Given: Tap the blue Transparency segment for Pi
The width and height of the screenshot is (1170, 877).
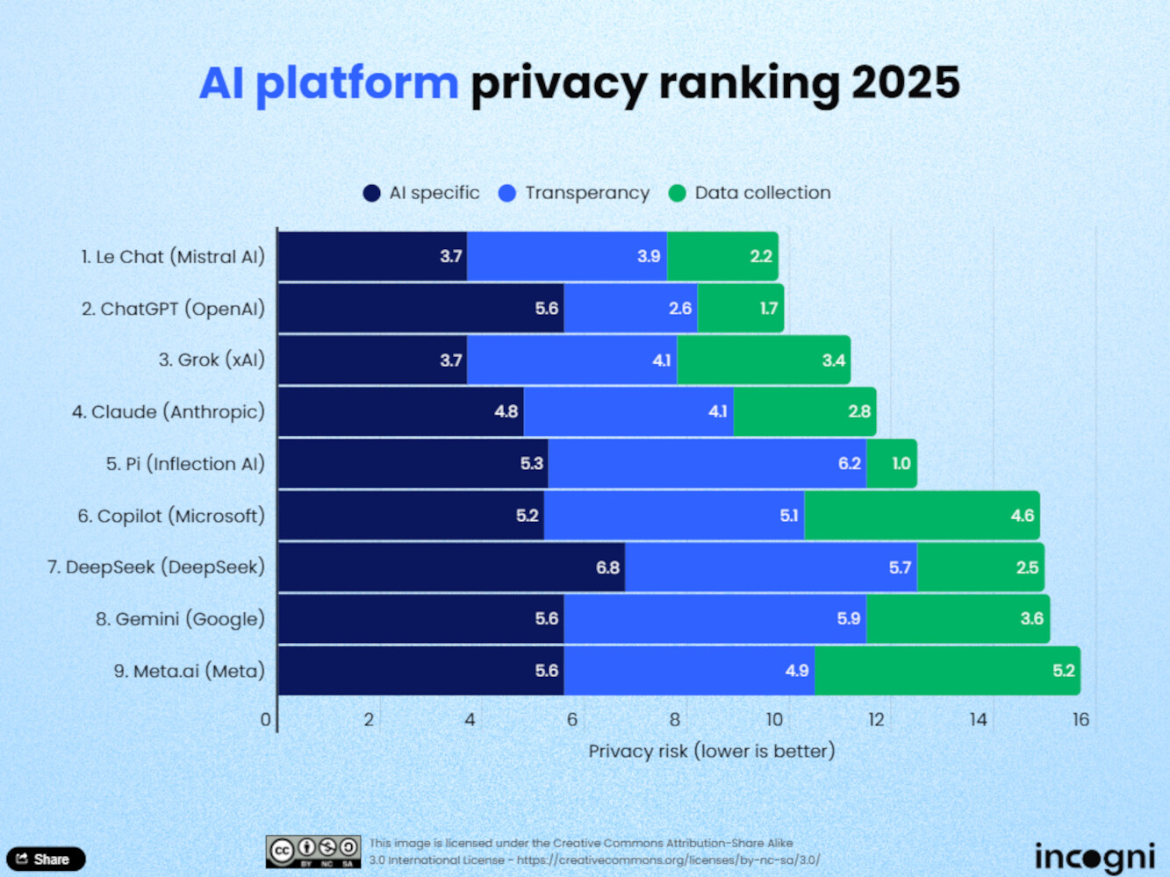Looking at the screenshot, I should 707,464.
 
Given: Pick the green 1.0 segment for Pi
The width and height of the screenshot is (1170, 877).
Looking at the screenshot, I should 892,464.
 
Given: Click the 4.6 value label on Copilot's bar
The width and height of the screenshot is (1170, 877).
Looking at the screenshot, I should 1022,516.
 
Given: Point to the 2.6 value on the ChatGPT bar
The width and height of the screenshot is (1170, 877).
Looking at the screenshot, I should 679,309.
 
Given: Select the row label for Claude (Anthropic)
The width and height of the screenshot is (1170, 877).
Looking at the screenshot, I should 169,412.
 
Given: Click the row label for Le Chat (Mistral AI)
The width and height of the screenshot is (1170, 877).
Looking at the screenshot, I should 173,257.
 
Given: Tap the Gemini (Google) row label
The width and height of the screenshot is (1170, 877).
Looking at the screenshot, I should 180,619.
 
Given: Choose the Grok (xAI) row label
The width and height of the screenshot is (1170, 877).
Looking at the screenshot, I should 212,360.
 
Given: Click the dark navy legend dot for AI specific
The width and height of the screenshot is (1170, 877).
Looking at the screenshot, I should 371,194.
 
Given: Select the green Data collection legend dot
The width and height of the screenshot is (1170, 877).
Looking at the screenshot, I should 677,194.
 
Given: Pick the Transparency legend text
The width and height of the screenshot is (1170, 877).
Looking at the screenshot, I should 587,193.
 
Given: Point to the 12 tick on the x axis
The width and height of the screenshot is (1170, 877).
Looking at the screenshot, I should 876,720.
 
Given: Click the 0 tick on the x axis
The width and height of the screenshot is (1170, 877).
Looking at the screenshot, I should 266,720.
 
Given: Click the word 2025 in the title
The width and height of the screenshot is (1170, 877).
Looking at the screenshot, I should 905,83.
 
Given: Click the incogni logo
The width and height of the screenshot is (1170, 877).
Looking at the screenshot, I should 1094,856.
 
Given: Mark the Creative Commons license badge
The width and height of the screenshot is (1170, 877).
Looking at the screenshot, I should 313,851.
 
